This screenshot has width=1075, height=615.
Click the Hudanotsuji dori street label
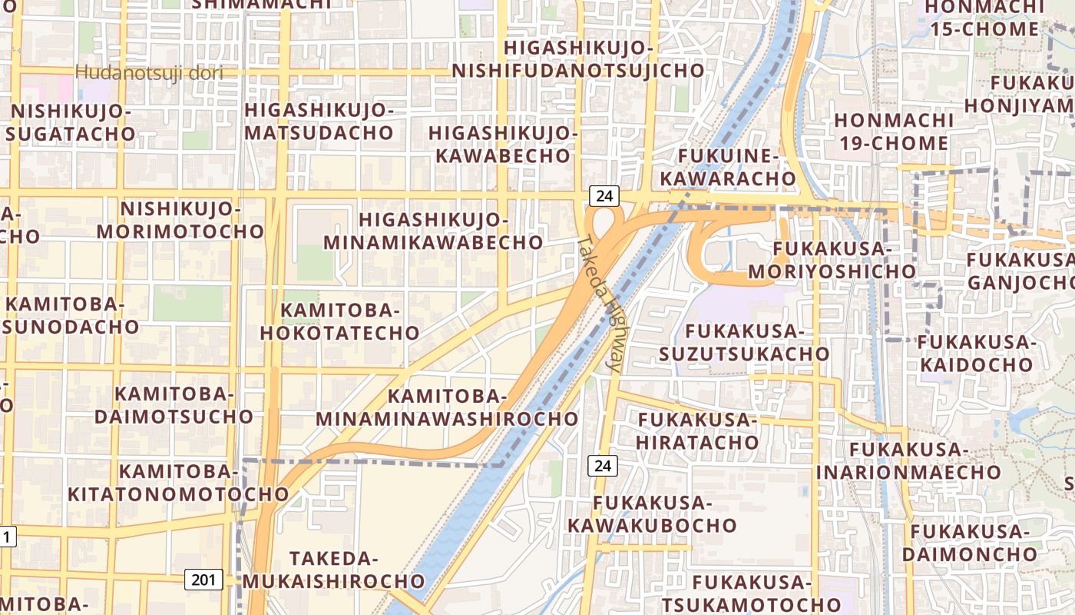tap(149, 73)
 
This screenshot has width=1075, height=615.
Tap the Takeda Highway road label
tap(599, 304)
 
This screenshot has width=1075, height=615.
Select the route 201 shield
tap(203, 580)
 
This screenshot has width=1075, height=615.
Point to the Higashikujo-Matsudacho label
tap(319, 121)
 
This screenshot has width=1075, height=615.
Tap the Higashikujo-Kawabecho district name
tap(503, 144)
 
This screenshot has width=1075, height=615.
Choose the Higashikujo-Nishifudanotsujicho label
tap(577, 59)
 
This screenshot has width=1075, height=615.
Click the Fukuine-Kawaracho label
tap(729, 167)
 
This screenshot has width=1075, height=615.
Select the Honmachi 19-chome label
tap(894, 131)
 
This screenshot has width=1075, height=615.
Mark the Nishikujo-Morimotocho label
tap(180, 220)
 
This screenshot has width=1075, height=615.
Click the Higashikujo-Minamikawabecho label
tap(433, 231)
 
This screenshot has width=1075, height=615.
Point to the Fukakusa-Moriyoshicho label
tap(832, 260)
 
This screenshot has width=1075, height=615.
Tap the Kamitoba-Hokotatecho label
tap(340, 321)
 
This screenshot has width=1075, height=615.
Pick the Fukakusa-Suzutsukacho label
tap(744, 342)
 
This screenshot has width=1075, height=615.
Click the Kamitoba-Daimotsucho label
tap(173, 405)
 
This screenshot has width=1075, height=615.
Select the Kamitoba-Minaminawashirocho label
tap(447, 407)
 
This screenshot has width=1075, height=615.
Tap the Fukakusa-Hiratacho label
tap(697, 430)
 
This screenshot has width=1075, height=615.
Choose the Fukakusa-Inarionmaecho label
tap(908, 460)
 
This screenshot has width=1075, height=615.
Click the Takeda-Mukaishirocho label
tap(356, 569)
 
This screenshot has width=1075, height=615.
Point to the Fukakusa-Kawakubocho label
tap(652, 514)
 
